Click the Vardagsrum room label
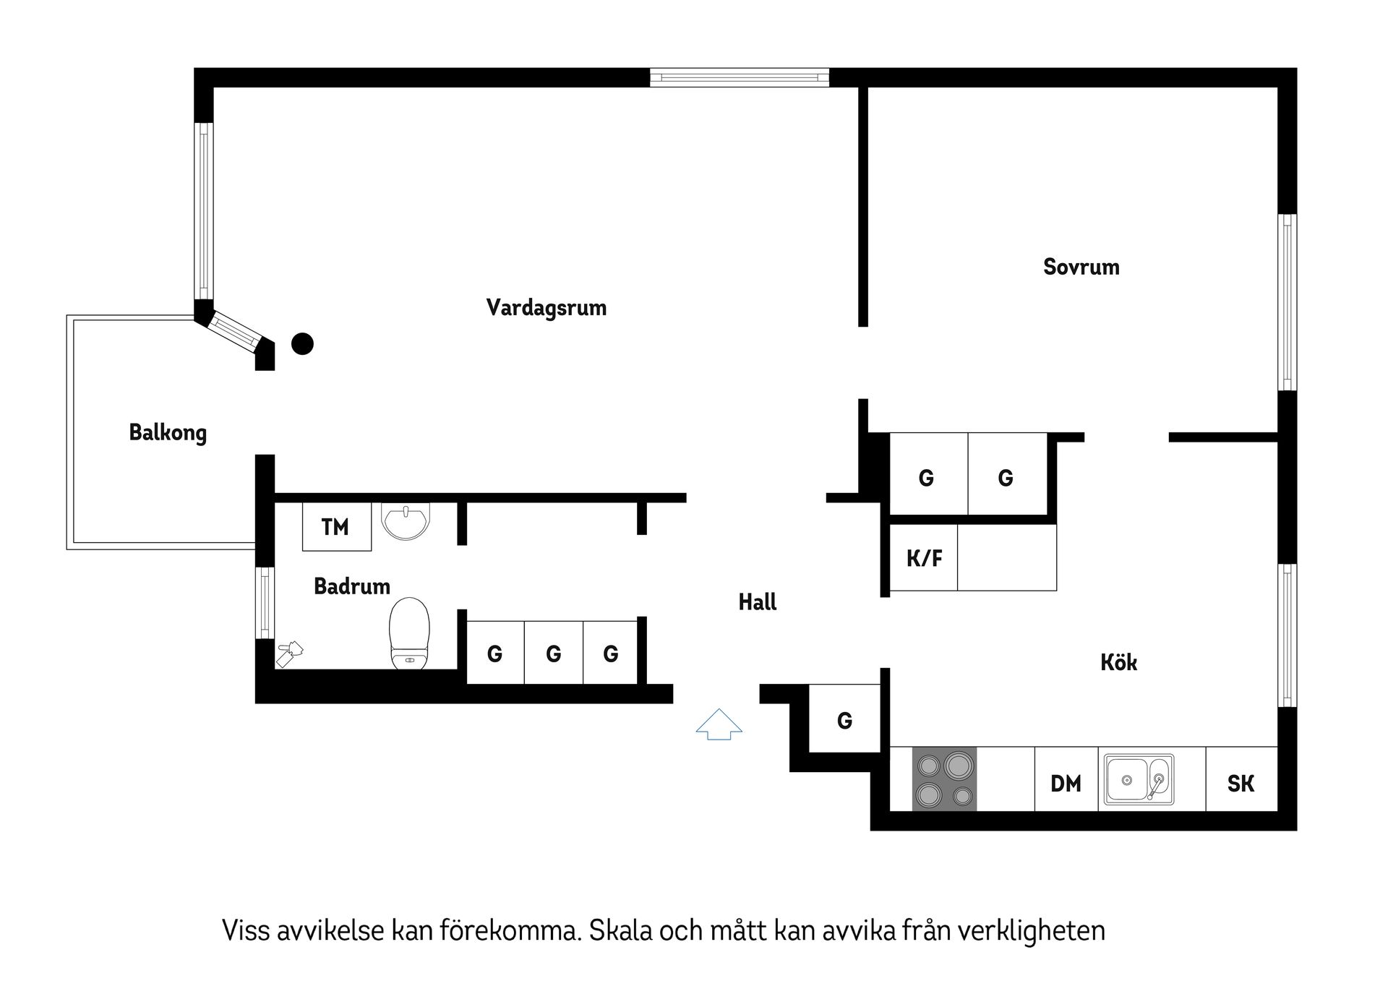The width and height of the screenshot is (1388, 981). tap(546, 308)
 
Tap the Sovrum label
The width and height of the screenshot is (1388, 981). tap(1081, 267)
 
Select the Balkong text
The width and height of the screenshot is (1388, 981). tap(168, 432)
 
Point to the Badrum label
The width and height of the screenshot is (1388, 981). tap(352, 586)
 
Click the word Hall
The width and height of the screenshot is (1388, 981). tap(757, 601)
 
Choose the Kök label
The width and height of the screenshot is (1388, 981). tap(1118, 662)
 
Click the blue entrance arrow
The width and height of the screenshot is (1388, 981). tap(719, 724)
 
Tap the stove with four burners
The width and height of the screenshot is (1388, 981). tap(944, 779)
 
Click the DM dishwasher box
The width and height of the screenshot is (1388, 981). tap(1066, 783)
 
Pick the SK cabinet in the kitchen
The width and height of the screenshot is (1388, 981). tap(1241, 783)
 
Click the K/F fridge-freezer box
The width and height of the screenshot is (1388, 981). tap(924, 558)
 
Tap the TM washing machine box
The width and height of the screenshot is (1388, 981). tap(335, 527)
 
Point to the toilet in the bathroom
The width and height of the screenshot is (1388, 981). tap(409, 635)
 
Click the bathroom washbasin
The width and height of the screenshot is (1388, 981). tap(406, 521)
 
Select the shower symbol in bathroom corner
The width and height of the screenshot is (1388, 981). tap(290, 653)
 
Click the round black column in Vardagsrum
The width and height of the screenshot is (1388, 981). tap(302, 344)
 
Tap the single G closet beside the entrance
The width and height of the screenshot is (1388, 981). tap(844, 720)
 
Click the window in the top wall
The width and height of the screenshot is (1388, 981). tap(739, 77)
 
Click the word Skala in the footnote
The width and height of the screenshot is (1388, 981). tap(622, 930)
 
